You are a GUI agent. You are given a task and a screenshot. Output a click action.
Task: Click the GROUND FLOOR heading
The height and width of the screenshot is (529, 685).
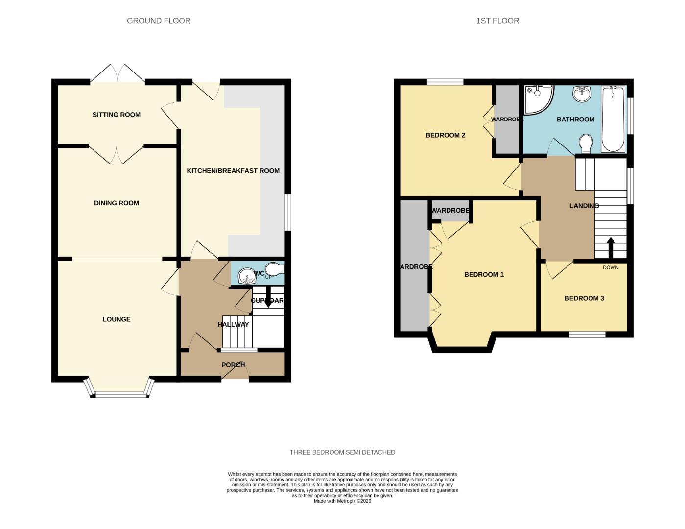tap(158, 21)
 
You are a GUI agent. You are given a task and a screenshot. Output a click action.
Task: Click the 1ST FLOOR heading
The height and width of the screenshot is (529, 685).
tap(497, 21)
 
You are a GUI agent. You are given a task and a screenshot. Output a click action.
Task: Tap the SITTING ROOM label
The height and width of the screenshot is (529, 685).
tap(117, 115)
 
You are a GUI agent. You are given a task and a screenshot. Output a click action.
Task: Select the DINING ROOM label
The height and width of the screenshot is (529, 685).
tap(117, 203)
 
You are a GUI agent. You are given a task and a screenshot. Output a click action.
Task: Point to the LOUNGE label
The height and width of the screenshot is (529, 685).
tap(117, 319)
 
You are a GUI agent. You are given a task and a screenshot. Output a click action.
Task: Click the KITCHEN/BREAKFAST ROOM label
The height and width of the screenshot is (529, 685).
tap(233, 171)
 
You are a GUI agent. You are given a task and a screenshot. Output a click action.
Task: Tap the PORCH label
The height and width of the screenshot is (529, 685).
tap(233, 365)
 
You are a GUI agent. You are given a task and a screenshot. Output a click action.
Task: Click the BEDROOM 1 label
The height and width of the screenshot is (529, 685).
tap(484, 275)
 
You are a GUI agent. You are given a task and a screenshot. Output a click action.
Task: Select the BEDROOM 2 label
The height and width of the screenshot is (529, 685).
tap(445, 135)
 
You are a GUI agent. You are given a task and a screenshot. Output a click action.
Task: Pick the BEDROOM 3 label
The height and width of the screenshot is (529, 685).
tap(584, 298)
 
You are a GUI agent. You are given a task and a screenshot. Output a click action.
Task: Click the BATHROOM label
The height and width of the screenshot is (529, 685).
tap(575, 120)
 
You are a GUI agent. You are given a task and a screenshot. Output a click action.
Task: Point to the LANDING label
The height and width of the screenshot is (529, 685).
tap(584, 206)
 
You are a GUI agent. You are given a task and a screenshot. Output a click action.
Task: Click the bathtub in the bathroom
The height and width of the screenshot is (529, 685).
tap(613, 119)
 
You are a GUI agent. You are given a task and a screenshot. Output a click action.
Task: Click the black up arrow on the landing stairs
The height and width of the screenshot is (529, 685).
tap(611, 247)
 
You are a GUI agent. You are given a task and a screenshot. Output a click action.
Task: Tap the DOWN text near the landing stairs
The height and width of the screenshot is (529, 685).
tap(611, 267)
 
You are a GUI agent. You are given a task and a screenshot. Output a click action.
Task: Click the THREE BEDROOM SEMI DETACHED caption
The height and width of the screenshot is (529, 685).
tap(342, 452)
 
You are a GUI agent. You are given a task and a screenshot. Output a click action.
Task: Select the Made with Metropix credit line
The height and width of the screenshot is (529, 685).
tap(342, 501)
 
